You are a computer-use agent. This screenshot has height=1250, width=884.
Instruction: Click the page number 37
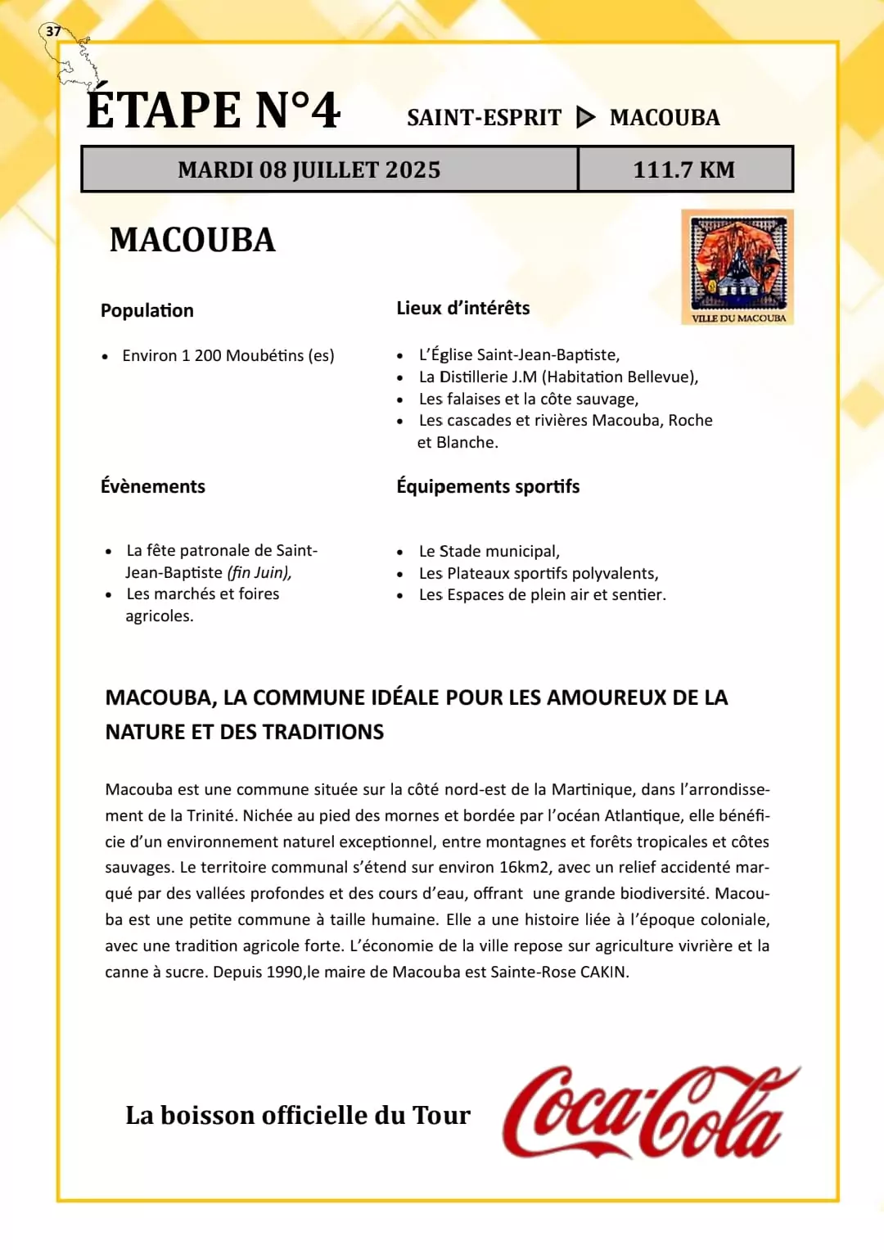pos(53,31)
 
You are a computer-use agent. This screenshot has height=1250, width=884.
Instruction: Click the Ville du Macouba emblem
pos(737,267)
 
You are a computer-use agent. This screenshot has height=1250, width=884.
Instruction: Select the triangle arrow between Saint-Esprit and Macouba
pos(585,118)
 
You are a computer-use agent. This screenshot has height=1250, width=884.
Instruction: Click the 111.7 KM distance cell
pos(684,169)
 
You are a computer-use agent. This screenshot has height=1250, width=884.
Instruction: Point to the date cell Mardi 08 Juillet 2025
pos(309,169)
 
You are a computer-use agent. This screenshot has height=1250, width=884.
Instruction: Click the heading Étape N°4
pos(214,111)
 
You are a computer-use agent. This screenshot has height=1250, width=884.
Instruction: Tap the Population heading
pos(147,311)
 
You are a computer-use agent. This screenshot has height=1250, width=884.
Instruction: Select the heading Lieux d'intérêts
pos(463,309)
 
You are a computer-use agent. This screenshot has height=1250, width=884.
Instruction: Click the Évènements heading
pos(153,486)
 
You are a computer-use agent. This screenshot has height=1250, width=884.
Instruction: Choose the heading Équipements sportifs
pos(488,486)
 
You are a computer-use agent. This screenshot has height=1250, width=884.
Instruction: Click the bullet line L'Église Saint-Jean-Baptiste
pos(519,354)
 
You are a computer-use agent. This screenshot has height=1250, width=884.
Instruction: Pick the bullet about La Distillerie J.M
pos(558,377)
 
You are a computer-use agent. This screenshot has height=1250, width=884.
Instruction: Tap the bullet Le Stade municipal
pos(489,551)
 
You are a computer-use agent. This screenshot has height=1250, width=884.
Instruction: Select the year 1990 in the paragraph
pos(285,972)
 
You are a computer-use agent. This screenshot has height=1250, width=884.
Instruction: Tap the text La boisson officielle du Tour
pos(298,1115)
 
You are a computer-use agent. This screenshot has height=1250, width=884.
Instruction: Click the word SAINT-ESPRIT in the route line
pos(484,118)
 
